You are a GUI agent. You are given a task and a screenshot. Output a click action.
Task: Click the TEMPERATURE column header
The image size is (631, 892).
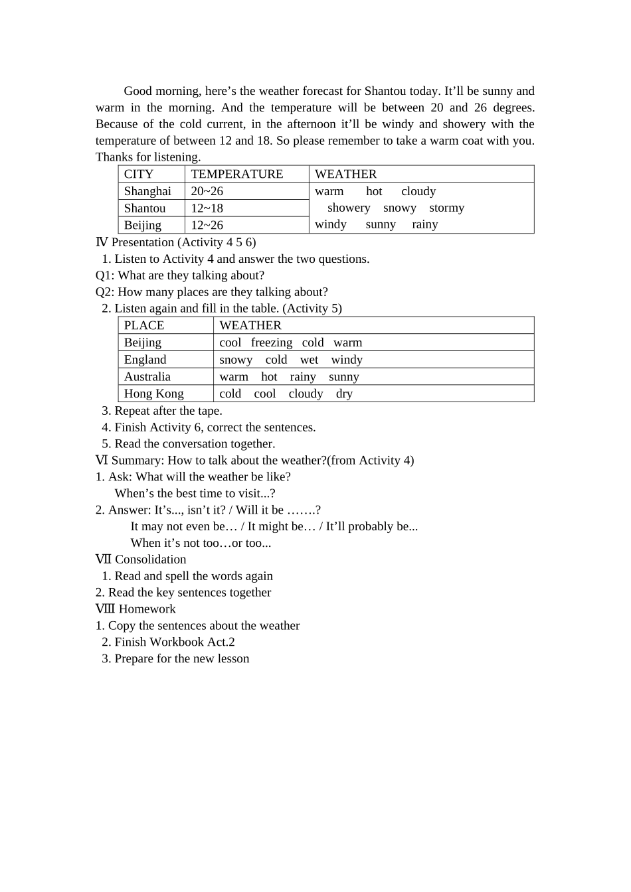tap(236, 174)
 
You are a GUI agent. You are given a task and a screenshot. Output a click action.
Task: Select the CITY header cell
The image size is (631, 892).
tap(138, 174)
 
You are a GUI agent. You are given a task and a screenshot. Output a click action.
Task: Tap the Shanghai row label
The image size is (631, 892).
tap(147, 191)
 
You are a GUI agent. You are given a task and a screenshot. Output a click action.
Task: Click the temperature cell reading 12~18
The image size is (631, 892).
tap(207, 208)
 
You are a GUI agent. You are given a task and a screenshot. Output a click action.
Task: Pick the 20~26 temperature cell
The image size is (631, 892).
tap(207, 191)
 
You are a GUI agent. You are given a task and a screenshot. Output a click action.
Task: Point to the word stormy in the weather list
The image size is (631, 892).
tap(446, 208)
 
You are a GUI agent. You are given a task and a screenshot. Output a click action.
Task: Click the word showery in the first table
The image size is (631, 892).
tap(349, 208)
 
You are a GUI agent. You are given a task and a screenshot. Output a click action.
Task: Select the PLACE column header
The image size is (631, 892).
tap(143, 325)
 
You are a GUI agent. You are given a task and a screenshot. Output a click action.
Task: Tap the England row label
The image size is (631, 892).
tap(145, 360)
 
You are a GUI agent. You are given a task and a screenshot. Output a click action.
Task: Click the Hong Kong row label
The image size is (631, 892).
tap(153, 394)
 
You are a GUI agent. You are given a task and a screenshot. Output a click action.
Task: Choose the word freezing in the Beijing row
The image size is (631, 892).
tap(272, 342)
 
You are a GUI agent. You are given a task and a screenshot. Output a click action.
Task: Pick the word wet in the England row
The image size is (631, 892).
tap(309, 360)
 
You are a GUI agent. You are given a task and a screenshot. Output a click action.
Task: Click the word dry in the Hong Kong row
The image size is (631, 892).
tap(344, 394)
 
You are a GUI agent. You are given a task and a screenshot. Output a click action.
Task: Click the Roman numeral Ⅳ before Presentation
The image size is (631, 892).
tap(102, 242)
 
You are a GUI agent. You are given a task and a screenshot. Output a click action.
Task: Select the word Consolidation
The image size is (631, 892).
tap(150, 559)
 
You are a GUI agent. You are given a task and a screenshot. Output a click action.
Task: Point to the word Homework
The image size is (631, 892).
tap(147, 609)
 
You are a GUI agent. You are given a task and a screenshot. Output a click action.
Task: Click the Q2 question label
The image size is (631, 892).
tap(104, 292)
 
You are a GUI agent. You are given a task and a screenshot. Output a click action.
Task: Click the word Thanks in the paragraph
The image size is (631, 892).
tap(114, 157)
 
